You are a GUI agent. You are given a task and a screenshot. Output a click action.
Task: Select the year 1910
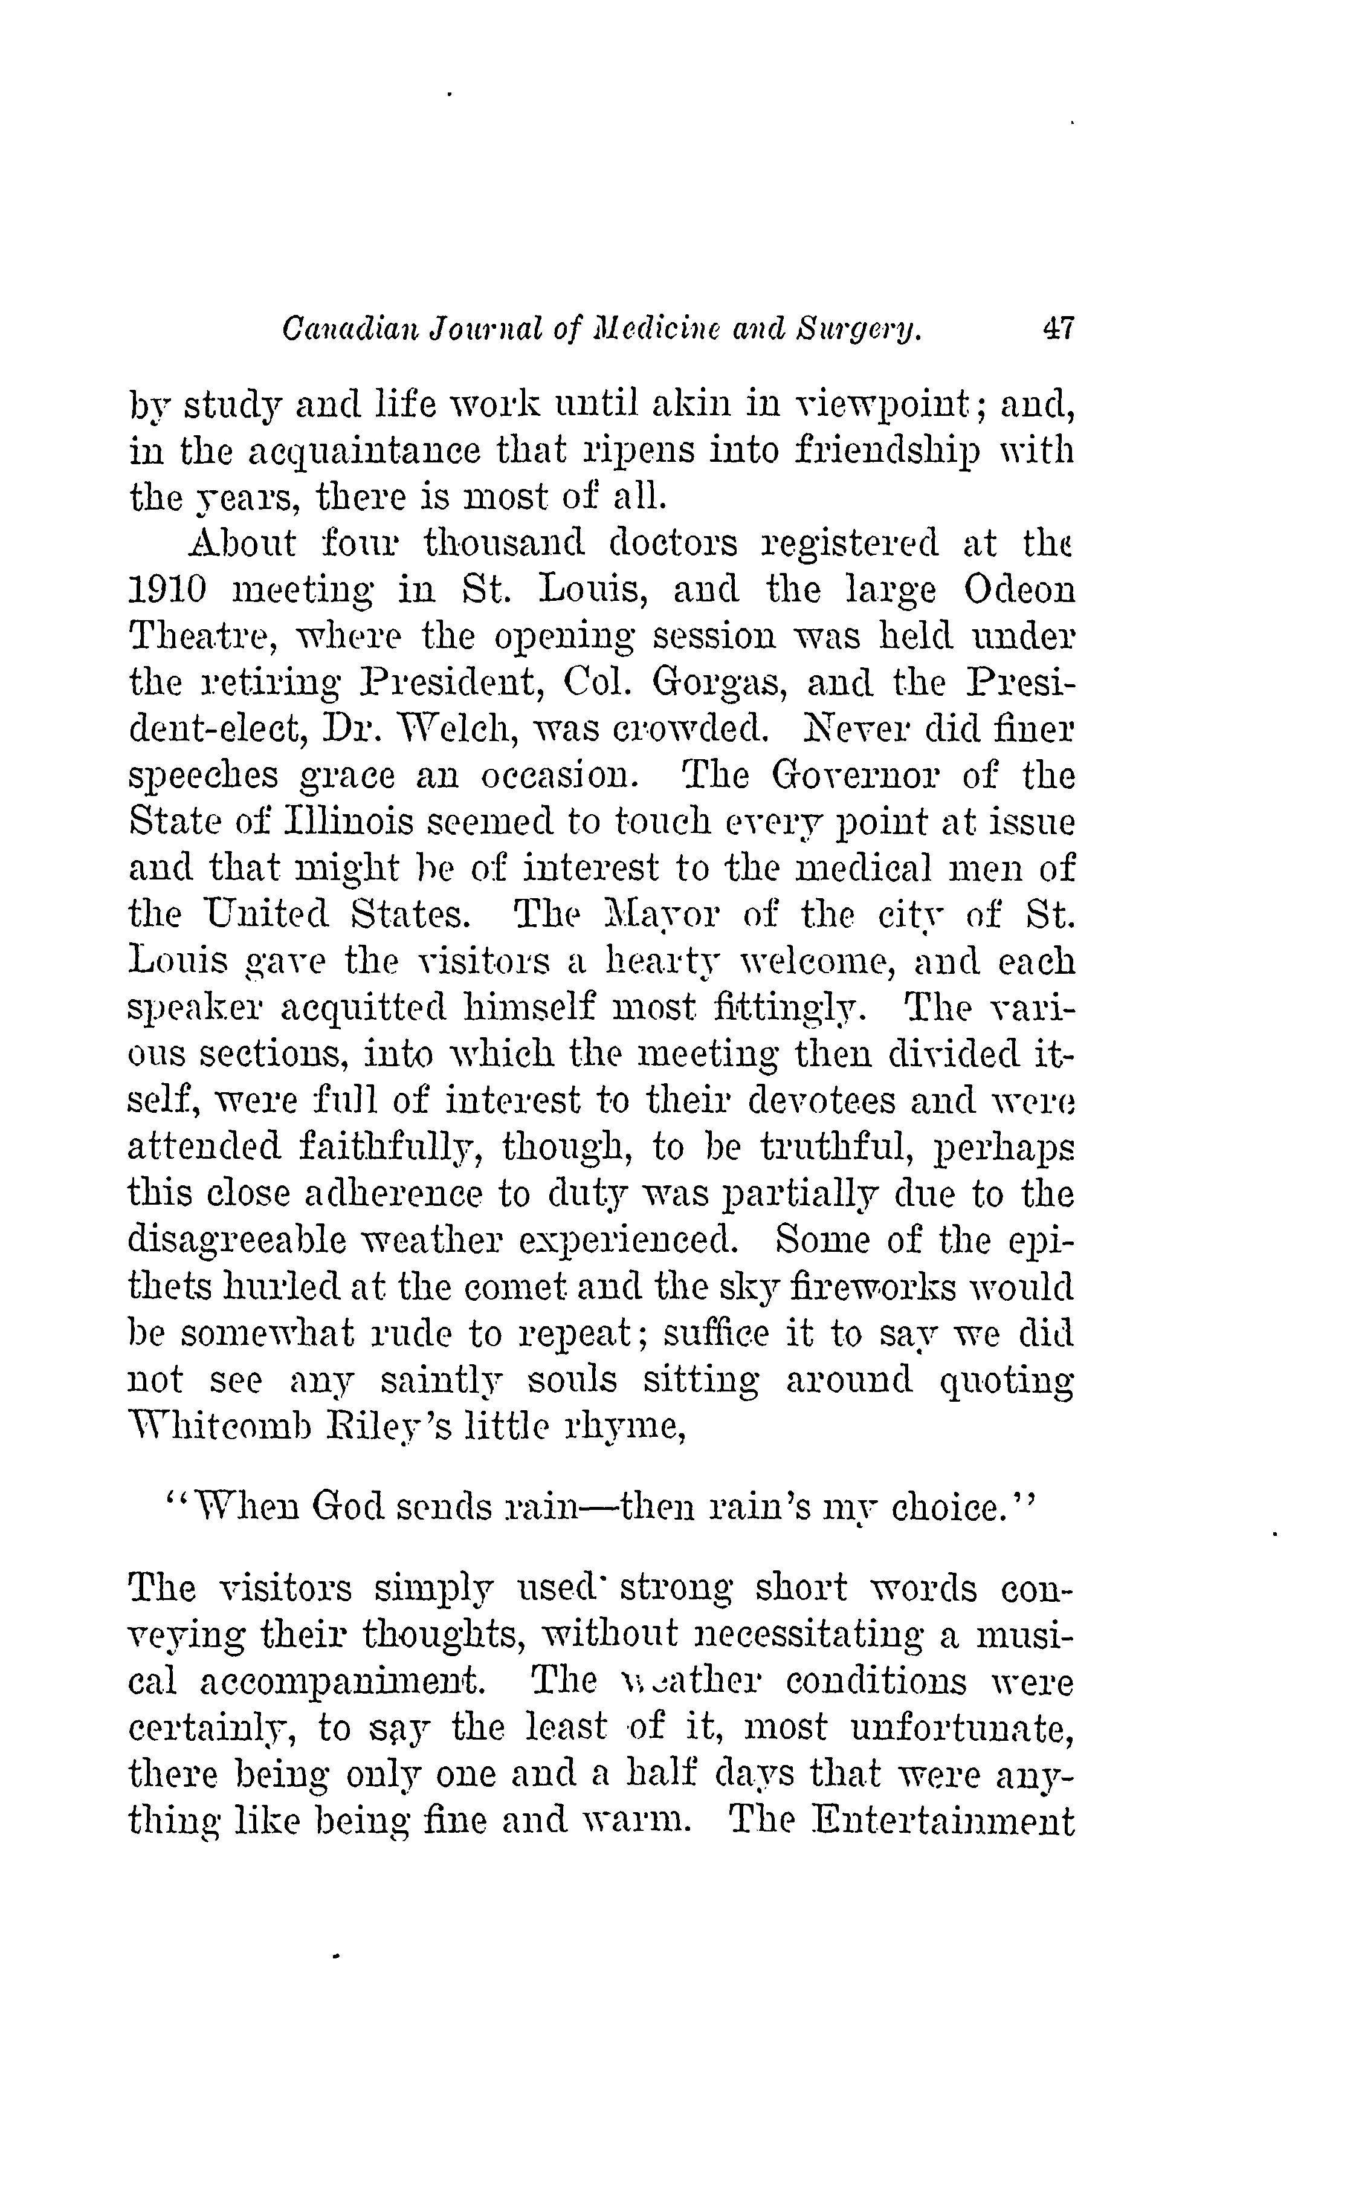click(x=169, y=590)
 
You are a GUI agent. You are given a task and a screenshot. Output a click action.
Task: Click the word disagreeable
click(x=237, y=1242)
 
